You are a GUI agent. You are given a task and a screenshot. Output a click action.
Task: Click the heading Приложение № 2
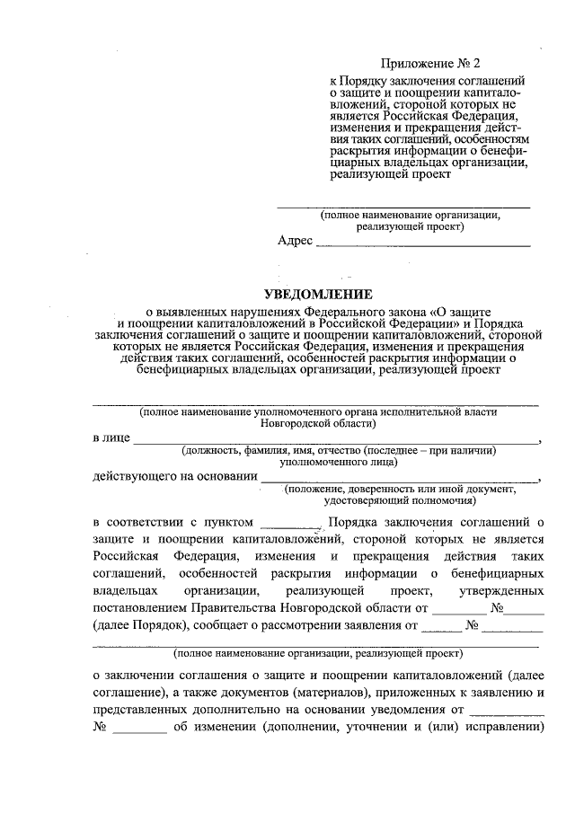pyautogui.click(x=430, y=64)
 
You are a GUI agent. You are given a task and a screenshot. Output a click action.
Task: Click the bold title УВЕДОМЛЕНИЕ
pyautogui.click(x=317, y=294)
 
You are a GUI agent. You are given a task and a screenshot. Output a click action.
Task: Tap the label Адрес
pyautogui.click(x=295, y=241)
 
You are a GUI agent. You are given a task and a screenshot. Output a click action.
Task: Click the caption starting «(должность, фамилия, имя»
pyautogui.click(x=337, y=451)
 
